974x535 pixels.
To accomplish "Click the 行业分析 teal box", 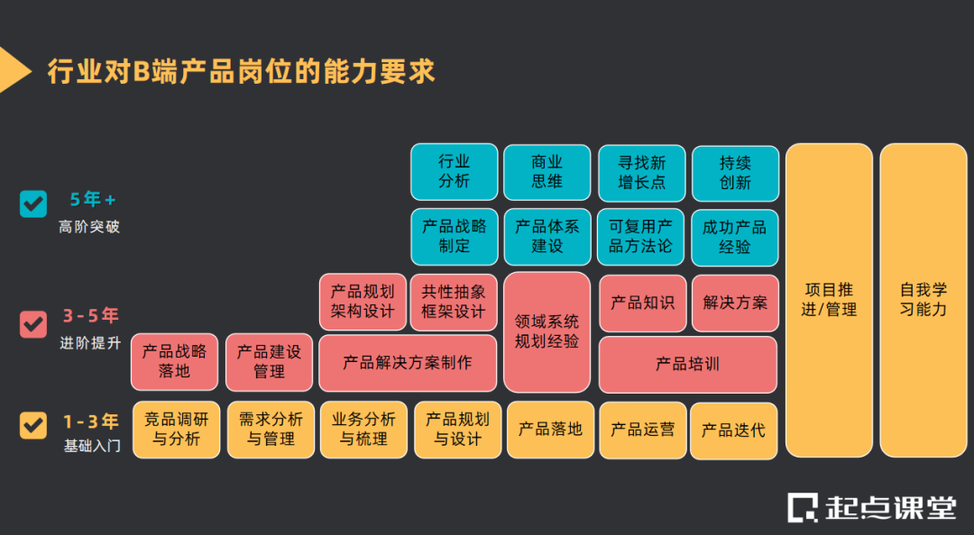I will [x=454, y=171].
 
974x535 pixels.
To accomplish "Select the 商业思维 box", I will [x=547, y=171].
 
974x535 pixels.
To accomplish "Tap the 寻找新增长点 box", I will [x=641, y=171].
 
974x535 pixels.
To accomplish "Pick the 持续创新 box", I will [x=735, y=171].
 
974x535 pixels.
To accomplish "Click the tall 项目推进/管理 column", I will [x=829, y=299].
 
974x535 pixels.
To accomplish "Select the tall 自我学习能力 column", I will [x=923, y=299].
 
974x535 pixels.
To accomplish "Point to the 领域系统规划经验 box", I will [x=547, y=331].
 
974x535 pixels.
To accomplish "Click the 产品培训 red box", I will [x=687, y=364].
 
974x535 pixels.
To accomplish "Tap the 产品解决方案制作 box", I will [x=408, y=363].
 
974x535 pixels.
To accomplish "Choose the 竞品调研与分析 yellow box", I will [x=177, y=430].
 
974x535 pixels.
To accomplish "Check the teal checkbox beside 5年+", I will [x=33, y=204].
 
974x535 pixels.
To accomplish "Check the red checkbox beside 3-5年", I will [x=33, y=322].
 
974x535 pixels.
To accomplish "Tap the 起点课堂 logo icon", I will [x=802, y=507].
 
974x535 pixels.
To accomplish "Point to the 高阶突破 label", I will [x=89, y=227].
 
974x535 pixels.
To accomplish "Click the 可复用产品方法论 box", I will [x=640, y=237].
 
